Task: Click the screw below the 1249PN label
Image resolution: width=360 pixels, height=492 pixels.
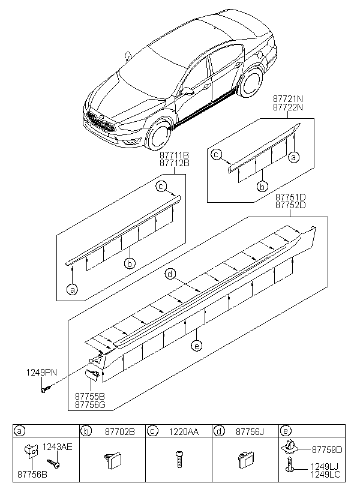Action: (45, 390)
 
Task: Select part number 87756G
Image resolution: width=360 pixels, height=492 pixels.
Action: (90, 405)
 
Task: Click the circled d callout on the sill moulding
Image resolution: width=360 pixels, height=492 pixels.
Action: (171, 274)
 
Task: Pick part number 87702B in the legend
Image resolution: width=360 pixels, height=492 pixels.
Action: (119, 431)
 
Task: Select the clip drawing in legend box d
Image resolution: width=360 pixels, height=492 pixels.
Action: (245, 461)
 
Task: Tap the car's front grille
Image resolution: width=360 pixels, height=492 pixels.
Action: (100, 124)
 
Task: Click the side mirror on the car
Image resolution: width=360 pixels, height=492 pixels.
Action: (188, 91)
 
